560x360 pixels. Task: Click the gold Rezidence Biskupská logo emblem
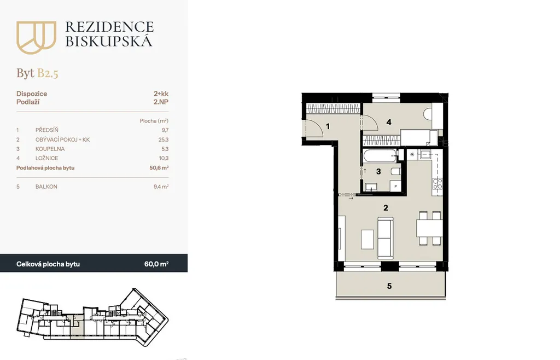coord(36,37)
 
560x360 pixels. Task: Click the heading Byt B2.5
coord(37,73)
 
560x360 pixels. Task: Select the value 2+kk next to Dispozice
coord(161,94)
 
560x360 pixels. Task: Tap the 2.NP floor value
coord(161,102)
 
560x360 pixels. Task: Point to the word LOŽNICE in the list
coord(47,158)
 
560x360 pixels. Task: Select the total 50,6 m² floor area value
coord(159,167)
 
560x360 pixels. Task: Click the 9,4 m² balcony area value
coord(161,187)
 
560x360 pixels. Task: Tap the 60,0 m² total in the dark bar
coord(156,264)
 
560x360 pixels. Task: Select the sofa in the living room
coord(386,238)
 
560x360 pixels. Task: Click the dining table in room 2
coord(430,228)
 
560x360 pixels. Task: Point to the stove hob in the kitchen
coord(437,184)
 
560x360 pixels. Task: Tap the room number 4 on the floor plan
coord(389,122)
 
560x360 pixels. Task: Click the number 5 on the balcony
coord(389,286)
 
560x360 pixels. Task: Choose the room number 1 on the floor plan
coord(328,126)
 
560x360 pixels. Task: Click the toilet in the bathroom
coord(396,171)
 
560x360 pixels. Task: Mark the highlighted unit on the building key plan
coord(76,326)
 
